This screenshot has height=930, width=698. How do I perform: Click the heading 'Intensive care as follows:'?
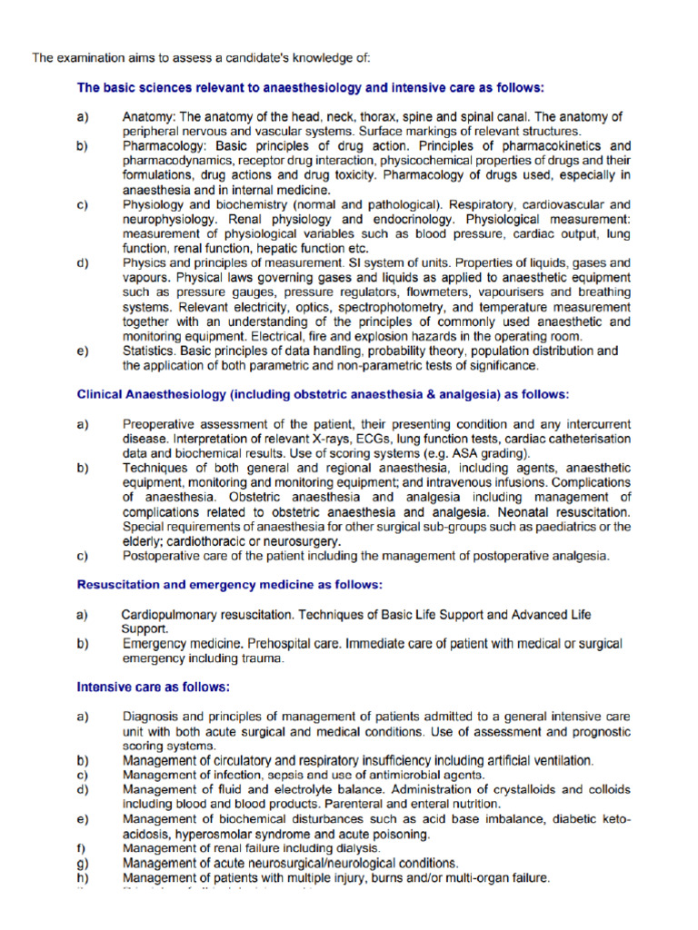click(153, 686)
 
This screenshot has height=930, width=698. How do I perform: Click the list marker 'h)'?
click(83, 878)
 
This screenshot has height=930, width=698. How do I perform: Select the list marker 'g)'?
click(83, 863)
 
